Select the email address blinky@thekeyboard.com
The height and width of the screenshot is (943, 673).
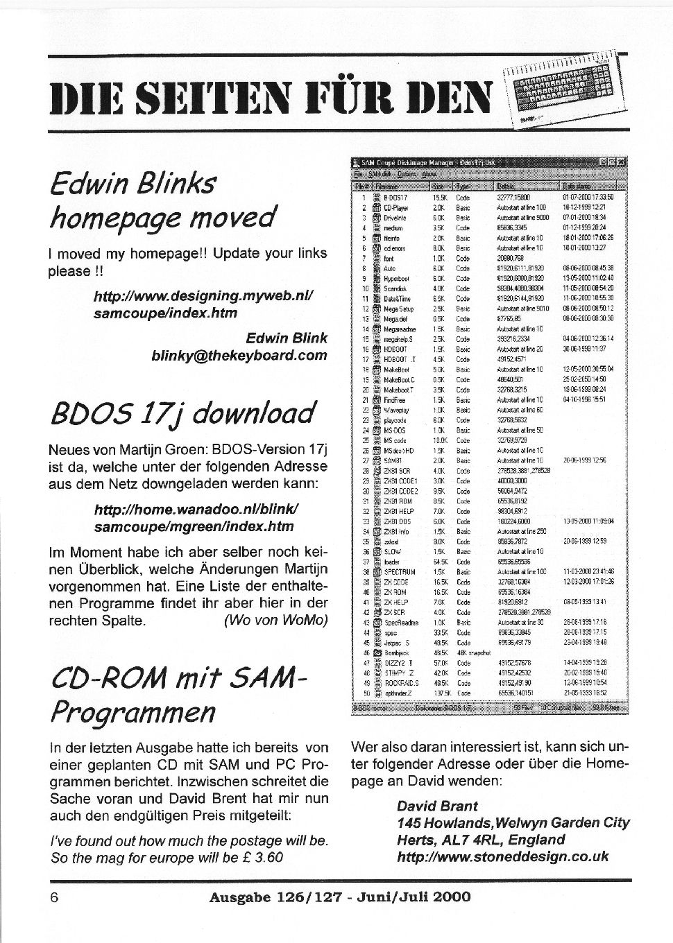point(239,356)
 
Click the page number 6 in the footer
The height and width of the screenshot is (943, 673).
point(53,897)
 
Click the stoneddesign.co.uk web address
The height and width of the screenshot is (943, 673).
point(503,856)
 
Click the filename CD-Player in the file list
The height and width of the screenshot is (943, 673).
point(398,207)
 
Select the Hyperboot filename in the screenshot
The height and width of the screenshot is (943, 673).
point(399,279)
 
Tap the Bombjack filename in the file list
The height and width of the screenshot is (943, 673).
point(398,652)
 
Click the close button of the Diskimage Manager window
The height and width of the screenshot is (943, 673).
point(622,162)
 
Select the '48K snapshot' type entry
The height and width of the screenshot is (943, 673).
point(474,652)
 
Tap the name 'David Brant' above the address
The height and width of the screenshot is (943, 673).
point(437,806)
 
